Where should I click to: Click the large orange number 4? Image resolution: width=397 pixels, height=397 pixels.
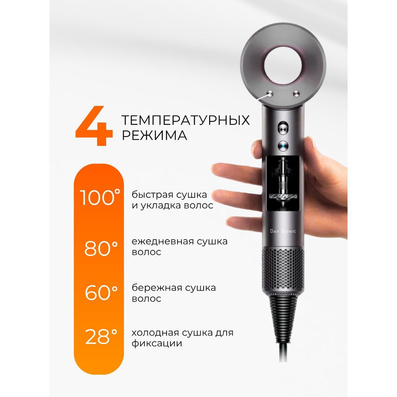pos(94,126)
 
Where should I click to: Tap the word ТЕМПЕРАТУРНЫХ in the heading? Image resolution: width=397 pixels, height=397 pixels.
pos(186,120)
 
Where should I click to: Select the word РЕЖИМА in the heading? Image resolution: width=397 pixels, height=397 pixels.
pos(155,135)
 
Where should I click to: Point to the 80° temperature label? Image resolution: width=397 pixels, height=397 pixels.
pos(101,248)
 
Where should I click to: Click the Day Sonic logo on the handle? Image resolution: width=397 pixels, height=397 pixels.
pos(283,231)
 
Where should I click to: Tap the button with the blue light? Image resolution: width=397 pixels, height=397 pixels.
pos(283,146)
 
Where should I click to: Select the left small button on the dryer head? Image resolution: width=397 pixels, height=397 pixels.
pos(270,94)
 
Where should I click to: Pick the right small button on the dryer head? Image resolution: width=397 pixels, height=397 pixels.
pos(296,94)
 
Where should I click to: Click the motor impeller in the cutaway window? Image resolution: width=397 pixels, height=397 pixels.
pos(283,196)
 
